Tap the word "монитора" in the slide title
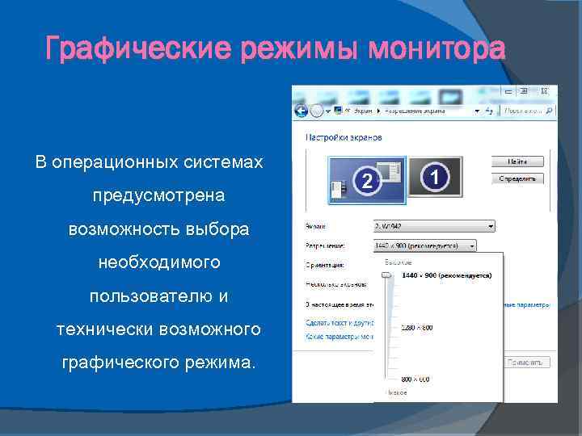(x=436, y=49)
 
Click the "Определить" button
(x=518, y=178)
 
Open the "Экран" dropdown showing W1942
(x=434, y=227)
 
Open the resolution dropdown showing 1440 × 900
(x=425, y=245)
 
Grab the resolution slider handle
(x=387, y=276)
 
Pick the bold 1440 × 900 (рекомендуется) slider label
(x=446, y=276)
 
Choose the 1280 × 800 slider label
(x=416, y=327)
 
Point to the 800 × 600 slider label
(x=415, y=379)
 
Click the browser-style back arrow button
(x=302, y=110)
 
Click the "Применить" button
(x=527, y=363)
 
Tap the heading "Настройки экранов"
(x=343, y=137)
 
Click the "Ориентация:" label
(x=325, y=264)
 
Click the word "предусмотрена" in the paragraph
(x=159, y=196)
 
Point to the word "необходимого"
(x=159, y=262)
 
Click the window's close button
(x=546, y=90)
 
